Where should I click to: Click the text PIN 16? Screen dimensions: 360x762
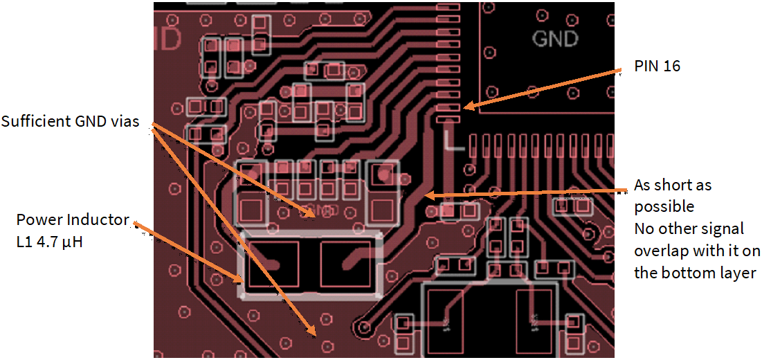click(657, 66)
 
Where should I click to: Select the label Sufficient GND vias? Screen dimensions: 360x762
click(70, 122)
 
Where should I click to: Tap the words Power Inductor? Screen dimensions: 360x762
click(73, 220)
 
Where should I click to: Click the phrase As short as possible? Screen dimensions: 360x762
click(673, 196)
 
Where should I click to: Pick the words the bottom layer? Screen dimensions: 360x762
click(694, 273)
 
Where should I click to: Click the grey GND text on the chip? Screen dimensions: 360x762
click(554, 38)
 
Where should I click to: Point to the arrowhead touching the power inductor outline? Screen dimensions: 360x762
click(242, 280)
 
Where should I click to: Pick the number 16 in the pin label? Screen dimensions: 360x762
click(671, 66)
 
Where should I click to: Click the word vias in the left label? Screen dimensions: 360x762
click(125, 122)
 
